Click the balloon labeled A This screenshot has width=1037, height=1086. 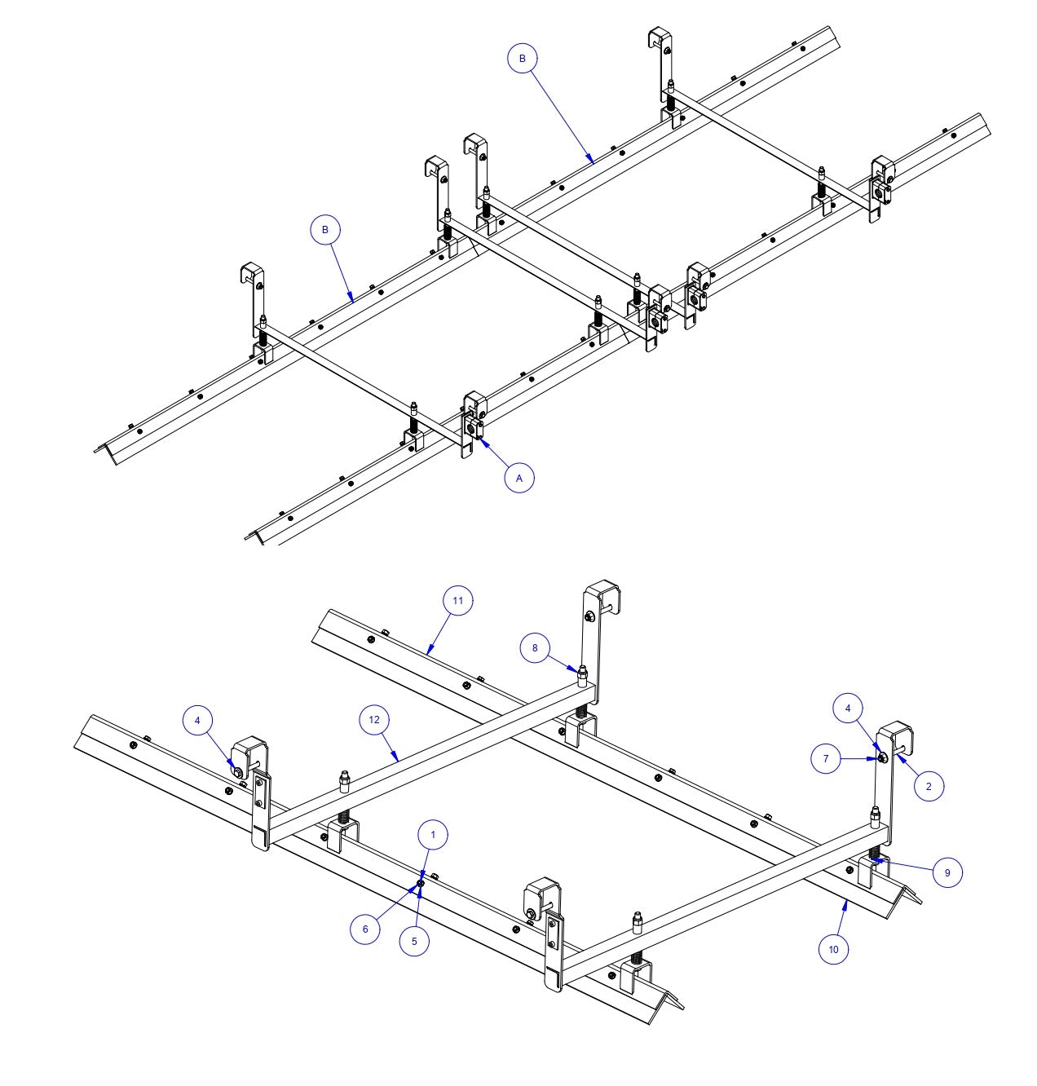tap(519, 479)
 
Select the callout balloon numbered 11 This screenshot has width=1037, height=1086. tap(457, 601)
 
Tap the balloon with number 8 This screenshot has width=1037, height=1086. tap(535, 648)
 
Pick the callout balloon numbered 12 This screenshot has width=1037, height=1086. tap(374, 720)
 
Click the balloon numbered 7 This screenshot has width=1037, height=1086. tap(826, 758)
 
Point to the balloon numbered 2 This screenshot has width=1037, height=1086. tap(929, 786)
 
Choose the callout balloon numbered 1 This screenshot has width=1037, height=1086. tap(433, 835)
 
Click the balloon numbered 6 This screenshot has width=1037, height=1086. tap(365, 929)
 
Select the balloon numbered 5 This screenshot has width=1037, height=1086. tap(414, 940)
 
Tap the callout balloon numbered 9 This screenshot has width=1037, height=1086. tap(947, 872)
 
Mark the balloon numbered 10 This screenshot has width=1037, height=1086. tap(833, 949)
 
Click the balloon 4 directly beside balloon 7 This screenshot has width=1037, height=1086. tap(848, 709)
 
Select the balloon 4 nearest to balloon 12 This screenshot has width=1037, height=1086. tap(197, 720)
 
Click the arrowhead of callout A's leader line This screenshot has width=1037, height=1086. tap(479, 439)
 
